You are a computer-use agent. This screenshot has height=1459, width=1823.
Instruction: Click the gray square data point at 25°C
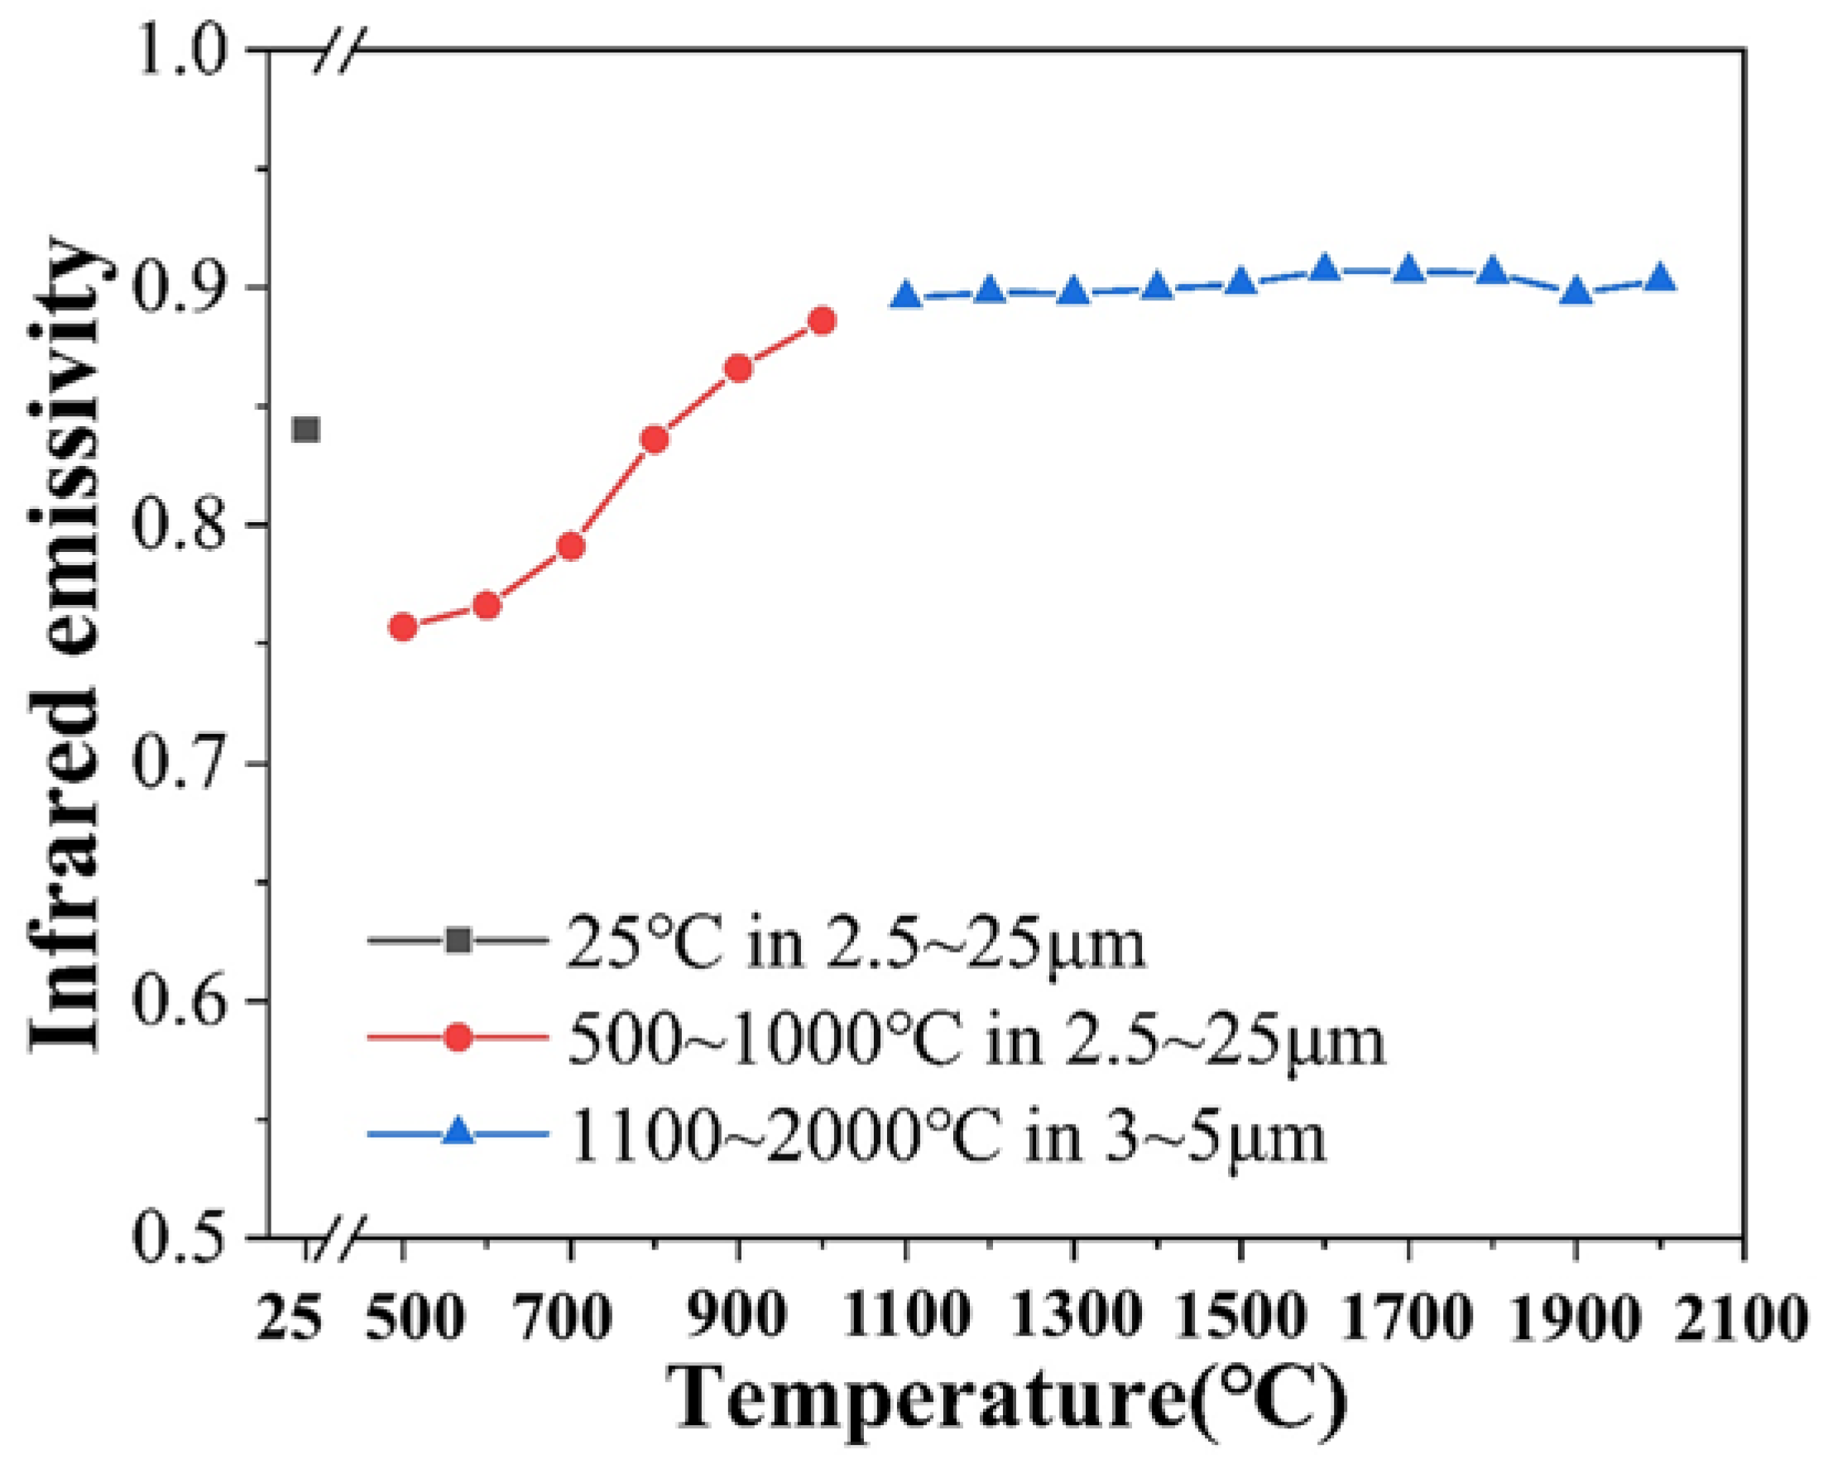[305, 430]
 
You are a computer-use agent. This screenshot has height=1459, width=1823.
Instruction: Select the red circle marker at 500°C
[403, 626]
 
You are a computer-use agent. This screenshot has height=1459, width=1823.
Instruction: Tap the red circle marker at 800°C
[655, 439]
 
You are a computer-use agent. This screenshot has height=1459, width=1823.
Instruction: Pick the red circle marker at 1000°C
[823, 320]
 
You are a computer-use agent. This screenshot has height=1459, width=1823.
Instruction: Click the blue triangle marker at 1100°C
[905, 296]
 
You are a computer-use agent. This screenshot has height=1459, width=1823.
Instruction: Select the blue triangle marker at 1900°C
[1576, 293]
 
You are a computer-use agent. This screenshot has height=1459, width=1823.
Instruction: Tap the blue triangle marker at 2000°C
[1660, 278]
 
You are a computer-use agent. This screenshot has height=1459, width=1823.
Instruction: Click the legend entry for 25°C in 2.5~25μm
[854, 944]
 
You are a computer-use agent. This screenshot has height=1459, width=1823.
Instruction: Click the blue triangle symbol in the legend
[458, 1132]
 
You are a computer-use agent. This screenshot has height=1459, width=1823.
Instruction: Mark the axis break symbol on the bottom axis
[338, 1239]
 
